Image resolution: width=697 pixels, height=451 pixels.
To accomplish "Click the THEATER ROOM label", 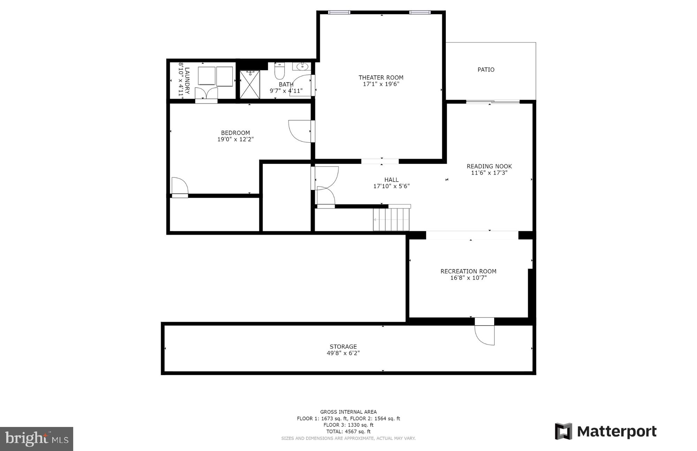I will click(381, 77).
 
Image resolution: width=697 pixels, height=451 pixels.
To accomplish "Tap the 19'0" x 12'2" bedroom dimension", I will click(235, 139).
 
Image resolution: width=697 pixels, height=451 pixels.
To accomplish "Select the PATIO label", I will click(486, 70).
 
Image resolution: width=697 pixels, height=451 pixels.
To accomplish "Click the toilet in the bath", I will click(279, 71).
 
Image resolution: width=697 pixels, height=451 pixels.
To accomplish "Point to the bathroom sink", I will click(301, 66).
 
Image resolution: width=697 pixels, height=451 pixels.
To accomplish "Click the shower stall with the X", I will click(250, 84).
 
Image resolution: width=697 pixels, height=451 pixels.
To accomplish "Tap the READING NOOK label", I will click(489, 166).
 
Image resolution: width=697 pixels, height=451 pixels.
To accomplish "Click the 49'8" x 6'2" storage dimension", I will click(343, 353).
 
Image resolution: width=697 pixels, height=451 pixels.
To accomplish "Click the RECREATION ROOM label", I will click(468, 271).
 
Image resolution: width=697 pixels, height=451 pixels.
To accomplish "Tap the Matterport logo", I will click(606, 431).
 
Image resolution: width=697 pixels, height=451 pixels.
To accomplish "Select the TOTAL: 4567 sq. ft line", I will click(348, 431).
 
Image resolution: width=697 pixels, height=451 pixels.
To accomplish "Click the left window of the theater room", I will click(339, 13).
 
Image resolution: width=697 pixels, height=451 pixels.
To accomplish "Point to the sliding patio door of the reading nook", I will click(492, 102).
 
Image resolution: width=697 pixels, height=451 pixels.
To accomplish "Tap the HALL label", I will click(391, 180).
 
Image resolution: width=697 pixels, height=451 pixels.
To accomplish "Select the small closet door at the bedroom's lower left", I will click(180, 187).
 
